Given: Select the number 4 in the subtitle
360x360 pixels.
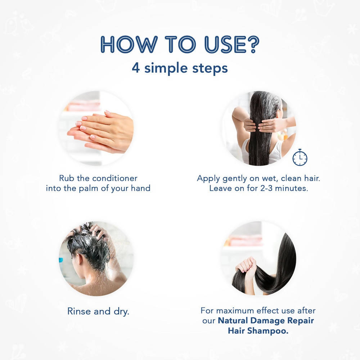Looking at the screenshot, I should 136,68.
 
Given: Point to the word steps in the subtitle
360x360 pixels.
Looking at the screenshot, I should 210,68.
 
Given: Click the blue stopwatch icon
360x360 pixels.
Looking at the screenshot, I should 300,158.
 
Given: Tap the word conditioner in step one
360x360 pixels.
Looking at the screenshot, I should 115,178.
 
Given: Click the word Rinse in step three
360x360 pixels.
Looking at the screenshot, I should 79,311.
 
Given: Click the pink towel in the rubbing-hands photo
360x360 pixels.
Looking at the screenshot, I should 83,106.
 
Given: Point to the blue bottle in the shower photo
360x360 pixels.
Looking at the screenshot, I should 61,260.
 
